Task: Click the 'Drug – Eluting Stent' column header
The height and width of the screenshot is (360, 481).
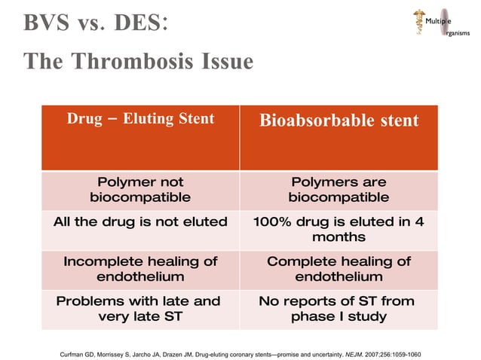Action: coord(140,119)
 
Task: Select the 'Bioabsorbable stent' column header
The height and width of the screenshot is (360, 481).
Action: coord(339,121)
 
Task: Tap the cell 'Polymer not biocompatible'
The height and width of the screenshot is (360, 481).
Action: coord(140,190)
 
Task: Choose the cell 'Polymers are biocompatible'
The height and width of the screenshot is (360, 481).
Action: coord(339,190)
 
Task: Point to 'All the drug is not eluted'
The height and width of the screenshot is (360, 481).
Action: coord(140,221)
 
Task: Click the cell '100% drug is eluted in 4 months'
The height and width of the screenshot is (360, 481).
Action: coord(339,229)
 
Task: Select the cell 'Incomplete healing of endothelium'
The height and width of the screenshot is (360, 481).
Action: coord(140,269)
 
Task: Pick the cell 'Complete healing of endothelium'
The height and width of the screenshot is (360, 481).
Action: coord(339,269)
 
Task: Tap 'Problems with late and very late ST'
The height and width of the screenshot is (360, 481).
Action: coord(140,309)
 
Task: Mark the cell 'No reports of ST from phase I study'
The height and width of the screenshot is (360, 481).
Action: coord(339,309)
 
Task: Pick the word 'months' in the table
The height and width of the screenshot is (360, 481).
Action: coord(339,237)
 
